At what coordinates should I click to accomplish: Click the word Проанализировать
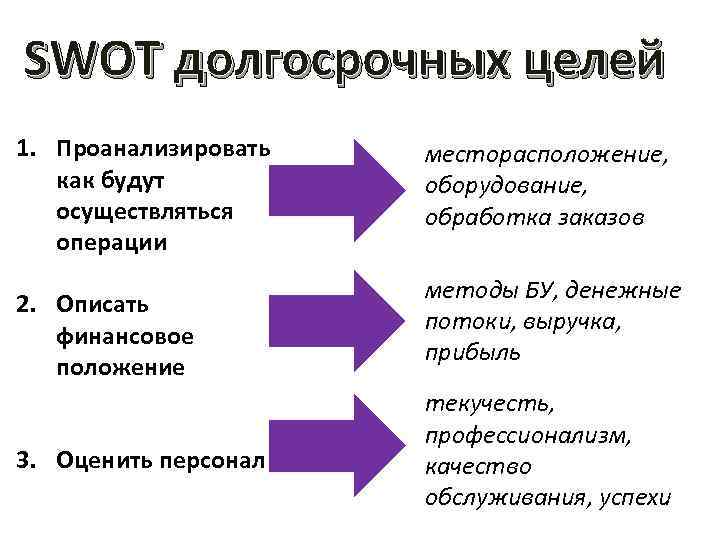coord(162,150)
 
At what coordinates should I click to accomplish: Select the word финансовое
coord(125,334)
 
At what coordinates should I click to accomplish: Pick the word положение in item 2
coord(122,366)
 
